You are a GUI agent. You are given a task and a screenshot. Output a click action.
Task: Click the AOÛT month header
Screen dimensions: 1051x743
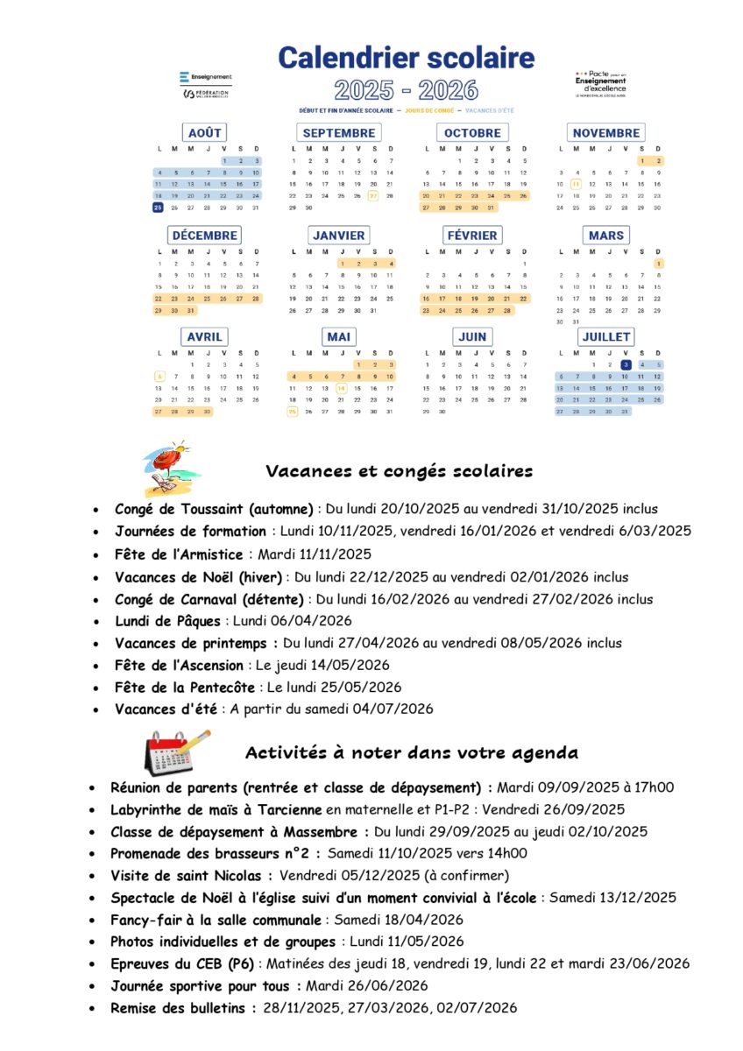point(205,133)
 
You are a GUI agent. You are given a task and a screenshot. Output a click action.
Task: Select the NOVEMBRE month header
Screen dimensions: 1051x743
point(606,133)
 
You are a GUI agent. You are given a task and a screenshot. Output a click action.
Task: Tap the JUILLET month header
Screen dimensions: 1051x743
point(606,336)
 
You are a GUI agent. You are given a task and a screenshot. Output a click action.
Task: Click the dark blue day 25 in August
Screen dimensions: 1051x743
point(158,208)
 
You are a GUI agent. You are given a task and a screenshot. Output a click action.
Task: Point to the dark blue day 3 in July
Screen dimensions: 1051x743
point(625,364)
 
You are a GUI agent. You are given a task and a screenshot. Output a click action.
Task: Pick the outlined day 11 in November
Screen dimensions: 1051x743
point(576,184)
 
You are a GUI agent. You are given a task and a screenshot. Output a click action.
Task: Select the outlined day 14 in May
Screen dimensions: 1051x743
point(341,387)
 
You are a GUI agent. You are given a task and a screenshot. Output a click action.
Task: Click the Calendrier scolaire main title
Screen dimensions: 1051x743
point(406,58)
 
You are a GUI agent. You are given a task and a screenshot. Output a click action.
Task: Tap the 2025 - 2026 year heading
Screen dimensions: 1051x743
point(406,89)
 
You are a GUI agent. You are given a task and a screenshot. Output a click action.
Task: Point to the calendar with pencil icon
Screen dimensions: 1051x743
point(176,751)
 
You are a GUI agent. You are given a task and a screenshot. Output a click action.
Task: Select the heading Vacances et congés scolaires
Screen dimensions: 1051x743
point(399,471)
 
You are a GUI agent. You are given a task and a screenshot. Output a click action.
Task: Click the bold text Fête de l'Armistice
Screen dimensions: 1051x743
point(180,554)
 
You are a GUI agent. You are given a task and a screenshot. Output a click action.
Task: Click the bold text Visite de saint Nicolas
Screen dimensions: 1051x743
point(191,875)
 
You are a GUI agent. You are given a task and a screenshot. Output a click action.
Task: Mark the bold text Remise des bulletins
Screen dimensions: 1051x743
point(183,1008)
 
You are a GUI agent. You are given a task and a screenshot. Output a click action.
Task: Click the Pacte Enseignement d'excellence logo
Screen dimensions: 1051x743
point(601,83)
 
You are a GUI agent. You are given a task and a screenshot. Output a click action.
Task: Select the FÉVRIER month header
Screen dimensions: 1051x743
point(472,235)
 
